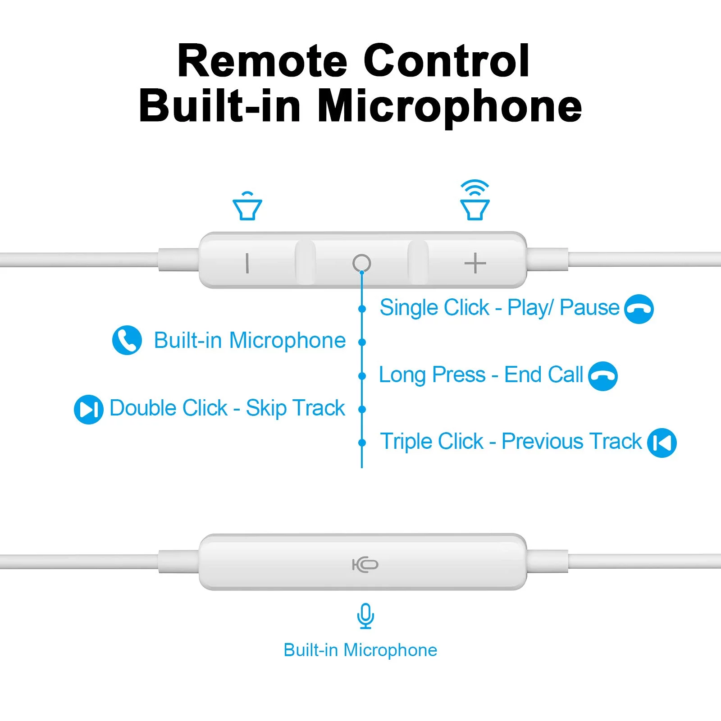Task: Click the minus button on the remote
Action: pos(247,263)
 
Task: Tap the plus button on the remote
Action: pos(475,263)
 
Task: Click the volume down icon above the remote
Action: pos(247,206)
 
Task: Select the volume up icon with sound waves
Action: pos(475,200)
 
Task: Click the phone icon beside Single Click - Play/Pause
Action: pos(639,309)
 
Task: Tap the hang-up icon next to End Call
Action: pos(603,376)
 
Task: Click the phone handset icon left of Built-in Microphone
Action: pos(127,340)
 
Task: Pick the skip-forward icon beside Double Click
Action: pos(89,409)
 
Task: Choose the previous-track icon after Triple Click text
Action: pos(662,443)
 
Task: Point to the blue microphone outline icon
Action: pos(365,616)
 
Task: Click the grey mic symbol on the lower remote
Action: pos(365,564)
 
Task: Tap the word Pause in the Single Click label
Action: pos(589,308)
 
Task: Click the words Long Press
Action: pos(432,375)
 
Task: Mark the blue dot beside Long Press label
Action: pos(362,376)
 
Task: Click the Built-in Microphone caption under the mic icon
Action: pos(360,650)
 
